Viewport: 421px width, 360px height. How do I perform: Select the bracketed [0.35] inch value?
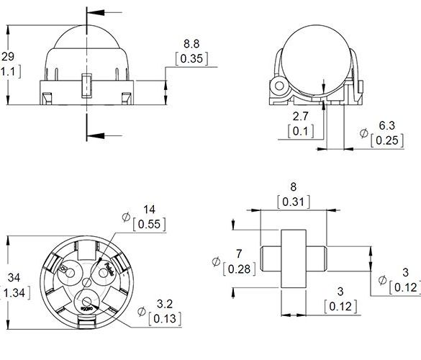(191, 58)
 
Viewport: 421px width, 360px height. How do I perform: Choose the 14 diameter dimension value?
(150, 210)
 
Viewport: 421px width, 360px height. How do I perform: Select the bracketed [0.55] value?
(150, 224)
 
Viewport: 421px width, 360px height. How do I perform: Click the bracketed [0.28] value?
(237, 269)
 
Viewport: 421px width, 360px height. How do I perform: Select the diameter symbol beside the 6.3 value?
(363, 132)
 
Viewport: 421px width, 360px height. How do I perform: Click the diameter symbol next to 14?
(127, 216)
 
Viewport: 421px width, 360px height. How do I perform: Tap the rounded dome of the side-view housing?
(86, 40)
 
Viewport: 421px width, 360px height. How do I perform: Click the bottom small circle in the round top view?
(86, 302)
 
